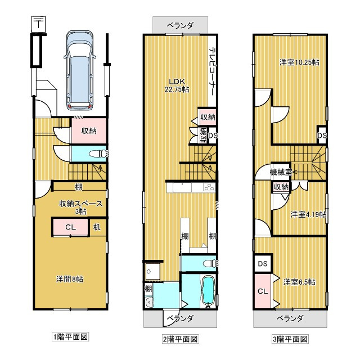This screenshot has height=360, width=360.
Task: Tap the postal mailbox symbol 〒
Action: click(38, 25)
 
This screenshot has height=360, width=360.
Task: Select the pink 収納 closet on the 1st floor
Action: click(88, 131)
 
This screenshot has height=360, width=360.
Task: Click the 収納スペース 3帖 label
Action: click(81, 207)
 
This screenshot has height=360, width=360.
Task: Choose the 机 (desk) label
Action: click(97, 227)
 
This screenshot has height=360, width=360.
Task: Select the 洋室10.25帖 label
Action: click(299, 62)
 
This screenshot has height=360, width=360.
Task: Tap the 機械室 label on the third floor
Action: click(280, 172)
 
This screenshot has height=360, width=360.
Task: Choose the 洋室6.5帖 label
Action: click(299, 281)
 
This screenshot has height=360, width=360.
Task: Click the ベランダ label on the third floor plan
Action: click(290, 318)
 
